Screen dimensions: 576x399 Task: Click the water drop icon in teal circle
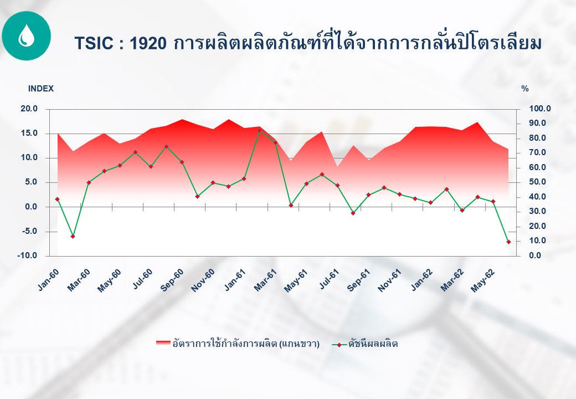pos(26,35)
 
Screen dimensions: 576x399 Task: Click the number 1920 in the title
pos(148,43)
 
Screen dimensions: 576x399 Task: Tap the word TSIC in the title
pos(94,43)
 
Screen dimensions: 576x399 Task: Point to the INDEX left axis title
pos(41,89)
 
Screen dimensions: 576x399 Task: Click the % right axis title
pos(525,89)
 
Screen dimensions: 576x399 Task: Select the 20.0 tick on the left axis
pos(29,109)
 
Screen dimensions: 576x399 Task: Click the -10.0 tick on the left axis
pos(27,255)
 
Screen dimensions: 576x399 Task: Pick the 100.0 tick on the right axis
pos(539,109)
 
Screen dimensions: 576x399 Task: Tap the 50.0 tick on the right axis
pos(537,182)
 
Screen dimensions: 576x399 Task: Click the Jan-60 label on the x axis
pos(49,280)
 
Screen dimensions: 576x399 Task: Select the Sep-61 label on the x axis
pos(359,280)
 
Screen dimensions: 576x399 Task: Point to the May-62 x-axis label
pos(483,281)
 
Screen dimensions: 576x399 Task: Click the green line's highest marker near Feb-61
pos(259,130)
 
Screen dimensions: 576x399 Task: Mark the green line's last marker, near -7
pos(509,242)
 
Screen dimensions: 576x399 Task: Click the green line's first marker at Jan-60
pos(57,199)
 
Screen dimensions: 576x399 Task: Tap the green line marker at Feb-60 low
pos(73,236)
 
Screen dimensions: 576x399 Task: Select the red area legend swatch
pos(163,344)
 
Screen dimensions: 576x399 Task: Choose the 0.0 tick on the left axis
pos(31,207)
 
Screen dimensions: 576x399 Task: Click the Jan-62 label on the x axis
pos(421,280)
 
